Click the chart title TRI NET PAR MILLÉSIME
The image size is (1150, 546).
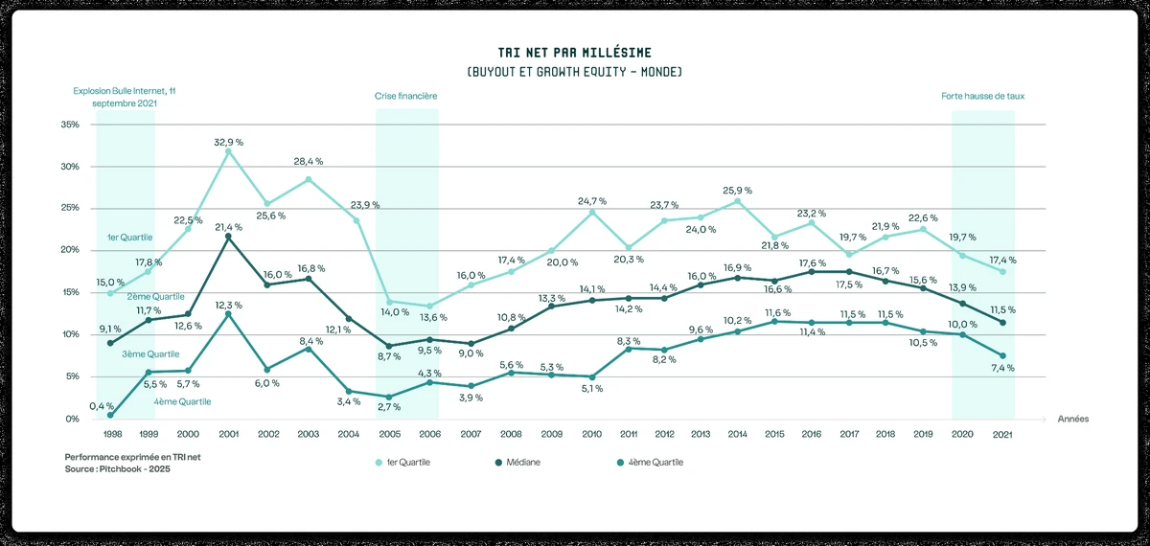(x=574, y=52)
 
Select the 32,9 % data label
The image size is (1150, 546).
(x=228, y=141)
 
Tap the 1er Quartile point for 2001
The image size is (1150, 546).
(x=228, y=151)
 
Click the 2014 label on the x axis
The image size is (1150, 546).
(x=736, y=434)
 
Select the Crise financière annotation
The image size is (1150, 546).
(x=406, y=97)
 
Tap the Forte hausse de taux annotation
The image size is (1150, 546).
(x=983, y=97)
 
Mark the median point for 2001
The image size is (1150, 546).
(x=228, y=237)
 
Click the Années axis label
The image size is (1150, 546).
(x=1072, y=419)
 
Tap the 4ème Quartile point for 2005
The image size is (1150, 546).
(x=388, y=397)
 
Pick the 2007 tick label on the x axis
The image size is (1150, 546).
(x=471, y=434)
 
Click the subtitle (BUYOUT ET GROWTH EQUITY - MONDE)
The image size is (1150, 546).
(x=574, y=73)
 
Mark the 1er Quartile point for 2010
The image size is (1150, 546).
(x=592, y=212)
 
